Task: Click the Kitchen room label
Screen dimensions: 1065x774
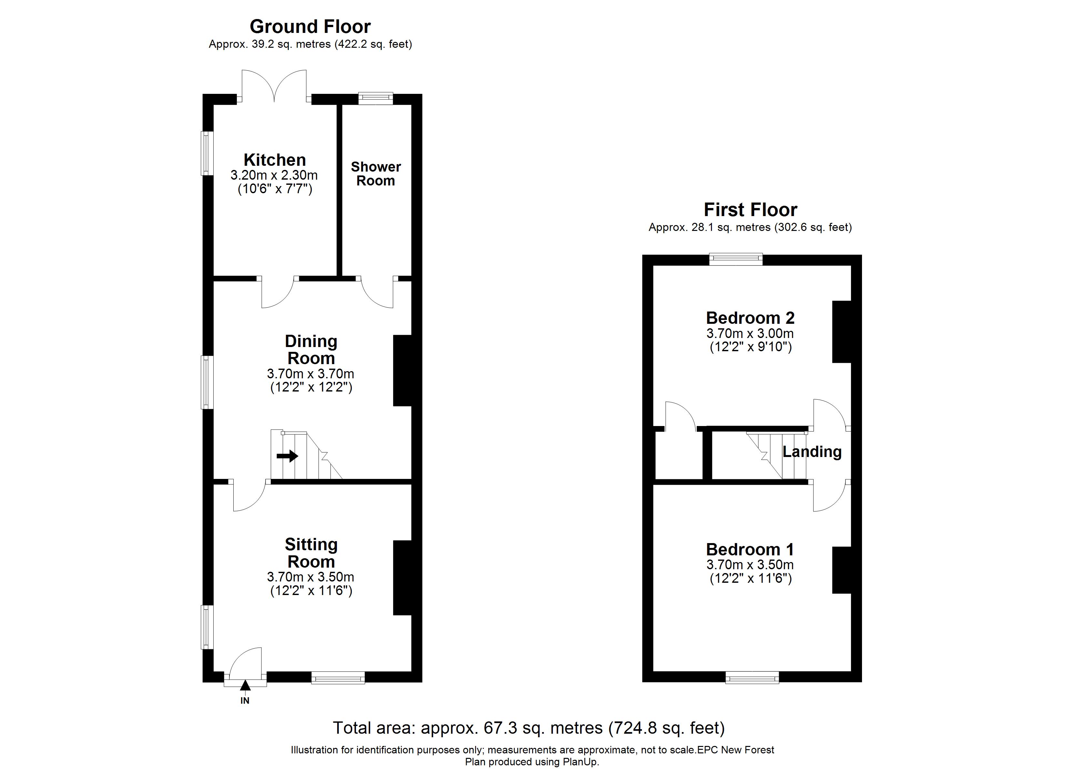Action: [x=274, y=160]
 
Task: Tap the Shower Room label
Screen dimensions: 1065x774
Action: [x=376, y=174]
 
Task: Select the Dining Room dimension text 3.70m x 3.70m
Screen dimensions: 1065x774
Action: [x=310, y=374]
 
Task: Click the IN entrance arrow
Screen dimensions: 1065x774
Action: [x=245, y=686]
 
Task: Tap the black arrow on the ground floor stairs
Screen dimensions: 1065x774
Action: [x=287, y=455]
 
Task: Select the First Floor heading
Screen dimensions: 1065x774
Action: [x=750, y=210]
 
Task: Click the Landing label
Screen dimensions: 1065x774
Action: [x=812, y=451]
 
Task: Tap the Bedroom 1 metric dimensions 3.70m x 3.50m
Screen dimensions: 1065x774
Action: [x=750, y=565]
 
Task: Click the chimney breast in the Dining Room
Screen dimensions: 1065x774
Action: [x=402, y=370]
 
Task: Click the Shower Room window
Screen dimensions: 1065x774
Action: [x=376, y=98]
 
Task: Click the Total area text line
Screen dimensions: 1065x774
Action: [x=529, y=728]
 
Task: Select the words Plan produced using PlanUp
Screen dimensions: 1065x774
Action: [x=532, y=762]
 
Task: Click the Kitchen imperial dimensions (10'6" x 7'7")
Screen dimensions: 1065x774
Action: [x=275, y=189]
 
